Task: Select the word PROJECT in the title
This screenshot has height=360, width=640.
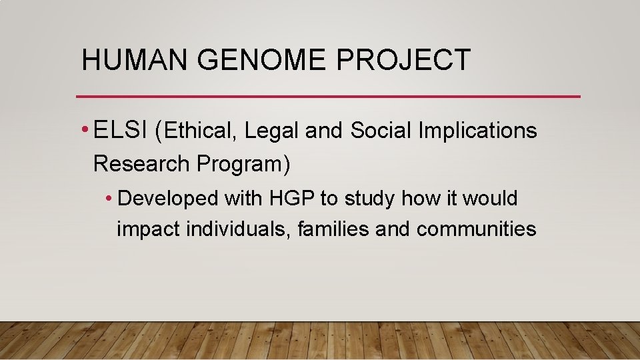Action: pyautogui.click(x=404, y=60)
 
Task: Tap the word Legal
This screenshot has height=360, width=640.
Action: pyautogui.click(x=272, y=131)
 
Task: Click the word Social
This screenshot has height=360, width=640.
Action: pyautogui.click(x=381, y=131)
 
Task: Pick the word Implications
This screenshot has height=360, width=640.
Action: pyautogui.click(x=477, y=131)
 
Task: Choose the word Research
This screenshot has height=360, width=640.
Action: pyautogui.click(x=141, y=163)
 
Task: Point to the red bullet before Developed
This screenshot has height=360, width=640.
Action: pyautogui.click(x=109, y=199)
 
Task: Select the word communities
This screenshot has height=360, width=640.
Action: pyautogui.click(x=476, y=229)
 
